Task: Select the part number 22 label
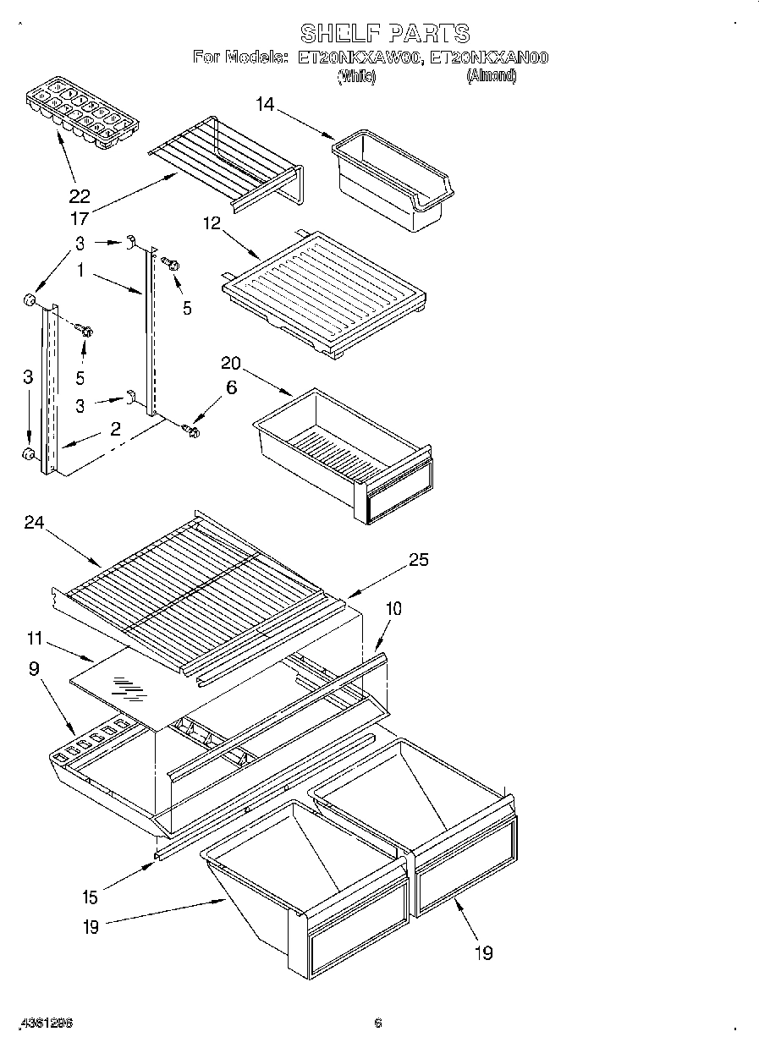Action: [79, 197]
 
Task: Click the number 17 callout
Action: [79, 218]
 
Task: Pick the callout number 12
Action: [212, 223]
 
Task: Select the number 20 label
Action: [230, 363]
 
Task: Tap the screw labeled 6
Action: [191, 432]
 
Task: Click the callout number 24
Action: [34, 523]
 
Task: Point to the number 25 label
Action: [418, 559]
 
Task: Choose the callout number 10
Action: [393, 608]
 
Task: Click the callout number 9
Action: [35, 668]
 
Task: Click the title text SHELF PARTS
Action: [385, 33]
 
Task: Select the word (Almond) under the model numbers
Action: [492, 76]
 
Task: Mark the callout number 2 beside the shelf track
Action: [115, 430]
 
